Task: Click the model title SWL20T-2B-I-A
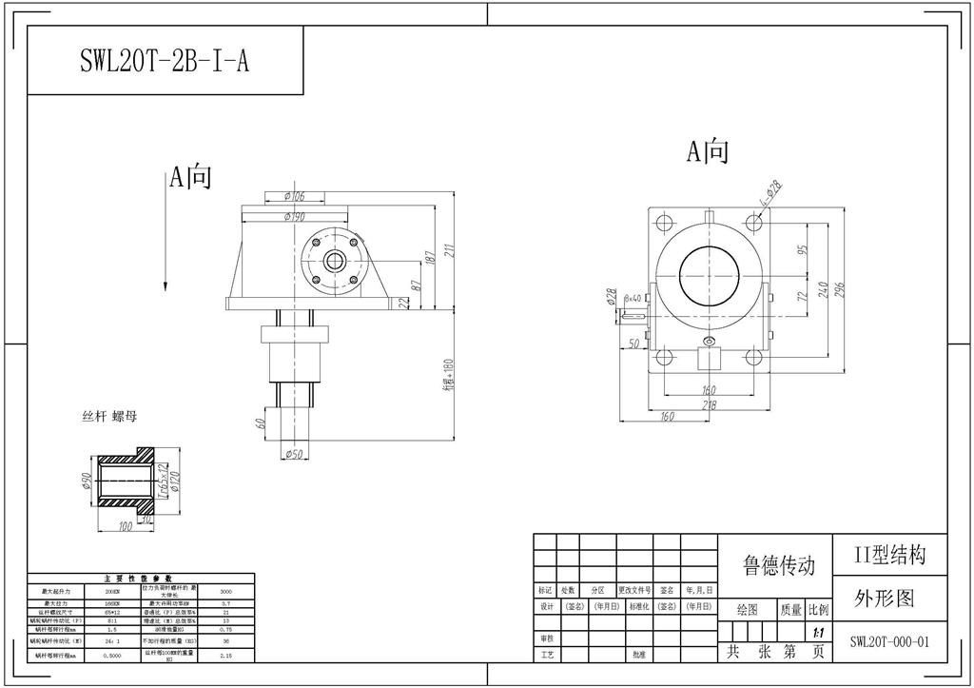(165, 61)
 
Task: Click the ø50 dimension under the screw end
(294, 454)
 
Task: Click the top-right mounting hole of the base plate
(753, 222)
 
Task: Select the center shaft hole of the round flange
(334, 261)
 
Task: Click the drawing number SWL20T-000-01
(888, 641)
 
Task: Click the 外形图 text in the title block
(884, 598)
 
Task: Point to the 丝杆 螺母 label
(110, 417)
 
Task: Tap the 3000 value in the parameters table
(225, 591)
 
